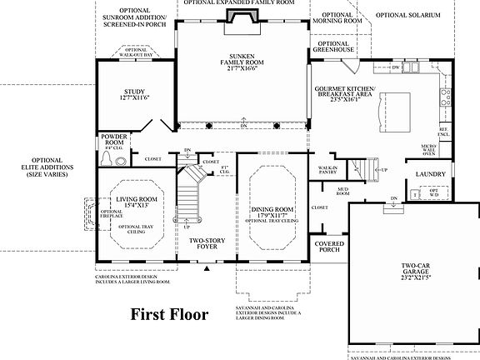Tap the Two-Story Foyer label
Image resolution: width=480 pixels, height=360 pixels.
click(208, 245)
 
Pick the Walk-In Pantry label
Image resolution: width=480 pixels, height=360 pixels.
click(327, 170)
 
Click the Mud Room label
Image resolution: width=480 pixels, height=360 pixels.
click(342, 191)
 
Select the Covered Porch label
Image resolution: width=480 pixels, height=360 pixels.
click(329, 247)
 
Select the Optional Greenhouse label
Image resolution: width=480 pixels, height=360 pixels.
click(333, 47)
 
